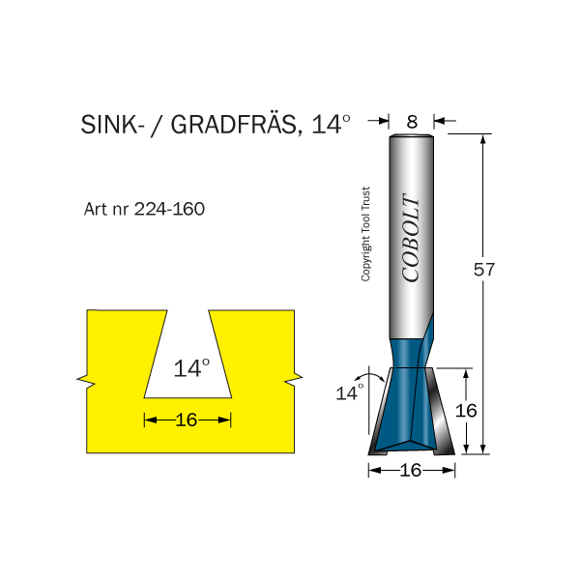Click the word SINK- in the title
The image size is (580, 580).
coord(111,126)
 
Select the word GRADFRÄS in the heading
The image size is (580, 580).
coord(228,126)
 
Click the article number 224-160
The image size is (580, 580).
coord(169,209)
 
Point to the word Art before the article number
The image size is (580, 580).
coord(98,209)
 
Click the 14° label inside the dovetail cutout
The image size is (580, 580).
coord(191,368)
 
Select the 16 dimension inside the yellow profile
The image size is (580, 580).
coord(187,420)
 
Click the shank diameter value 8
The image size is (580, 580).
coord(412,122)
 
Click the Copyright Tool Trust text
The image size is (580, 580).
coord(366,234)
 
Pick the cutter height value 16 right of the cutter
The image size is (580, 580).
coord(467,410)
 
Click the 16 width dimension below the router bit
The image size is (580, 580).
coord(411,471)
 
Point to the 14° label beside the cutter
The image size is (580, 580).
coord(348,392)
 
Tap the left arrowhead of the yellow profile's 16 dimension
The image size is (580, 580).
coord(149,420)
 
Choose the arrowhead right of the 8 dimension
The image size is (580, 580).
coord(438,122)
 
